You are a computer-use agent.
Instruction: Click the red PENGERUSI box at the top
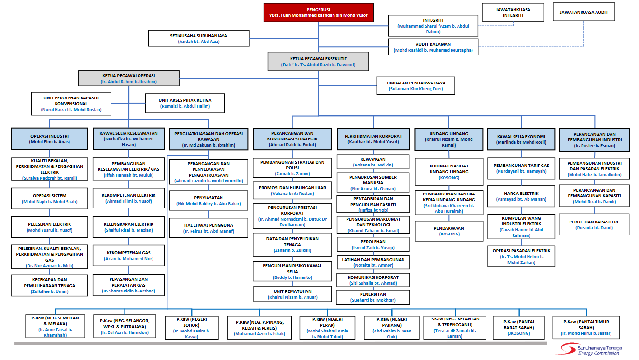coord(319,13)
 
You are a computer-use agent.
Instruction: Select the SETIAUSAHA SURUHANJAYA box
coord(198,39)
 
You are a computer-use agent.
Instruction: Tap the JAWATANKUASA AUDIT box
coord(583,12)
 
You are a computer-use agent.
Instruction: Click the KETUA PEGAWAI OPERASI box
coord(129,79)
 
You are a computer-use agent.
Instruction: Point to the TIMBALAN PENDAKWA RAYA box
coord(416,85)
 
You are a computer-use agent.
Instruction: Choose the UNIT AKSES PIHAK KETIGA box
coord(185,103)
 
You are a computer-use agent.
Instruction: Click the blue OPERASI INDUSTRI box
coord(50,139)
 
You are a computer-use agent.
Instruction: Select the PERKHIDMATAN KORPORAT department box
coord(373,139)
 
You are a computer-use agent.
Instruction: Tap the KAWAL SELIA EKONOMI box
coord(521,139)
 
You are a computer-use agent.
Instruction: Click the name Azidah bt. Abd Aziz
coord(198,42)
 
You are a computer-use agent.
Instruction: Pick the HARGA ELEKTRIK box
coord(521,196)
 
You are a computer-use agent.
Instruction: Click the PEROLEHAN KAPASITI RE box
coord(594,224)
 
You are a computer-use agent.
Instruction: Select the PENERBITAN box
coord(373,297)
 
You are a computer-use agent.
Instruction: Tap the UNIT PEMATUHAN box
coord(292,294)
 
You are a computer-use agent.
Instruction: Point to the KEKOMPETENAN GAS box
coord(128,256)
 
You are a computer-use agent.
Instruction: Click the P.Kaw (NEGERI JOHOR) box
coord(192,328)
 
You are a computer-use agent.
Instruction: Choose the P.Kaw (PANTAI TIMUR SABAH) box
coord(586,328)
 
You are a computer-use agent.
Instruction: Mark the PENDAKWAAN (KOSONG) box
coord(449,231)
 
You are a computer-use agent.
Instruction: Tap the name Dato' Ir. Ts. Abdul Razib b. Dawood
coord(319,65)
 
